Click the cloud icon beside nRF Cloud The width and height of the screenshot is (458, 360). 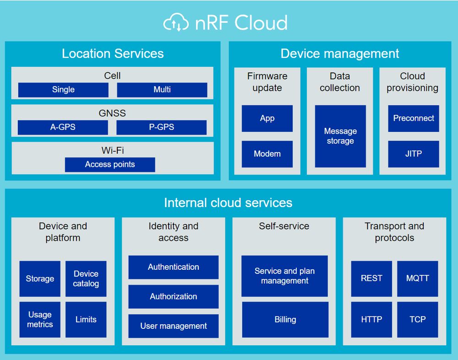tap(176, 22)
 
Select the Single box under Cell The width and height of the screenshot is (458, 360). tap(63, 90)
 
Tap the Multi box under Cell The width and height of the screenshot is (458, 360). tap(162, 90)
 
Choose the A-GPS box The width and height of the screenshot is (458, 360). tap(63, 127)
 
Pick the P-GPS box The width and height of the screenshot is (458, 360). tap(162, 127)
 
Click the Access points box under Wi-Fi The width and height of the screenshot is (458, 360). tap(110, 164)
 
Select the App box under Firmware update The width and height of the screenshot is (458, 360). tap(267, 118)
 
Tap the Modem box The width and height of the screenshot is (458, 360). tap(267, 154)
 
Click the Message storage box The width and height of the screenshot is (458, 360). tap(340, 136)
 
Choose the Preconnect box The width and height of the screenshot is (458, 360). tap(414, 118)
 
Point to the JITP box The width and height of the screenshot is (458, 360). tap(414, 154)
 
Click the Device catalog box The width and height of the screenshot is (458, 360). tap(86, 278)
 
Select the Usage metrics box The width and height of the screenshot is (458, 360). tap(40, 319)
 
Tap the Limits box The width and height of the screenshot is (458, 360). tap(86, 319)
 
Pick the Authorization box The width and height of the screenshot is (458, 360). tap(174, 296)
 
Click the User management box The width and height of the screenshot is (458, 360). tap(174, 326)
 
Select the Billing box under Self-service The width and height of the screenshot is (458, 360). tap(285, 319)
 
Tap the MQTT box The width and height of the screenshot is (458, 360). tap(417, 278)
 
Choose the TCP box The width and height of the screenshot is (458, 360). tap(417, 319)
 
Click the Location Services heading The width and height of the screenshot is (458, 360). tap(113, 54)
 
